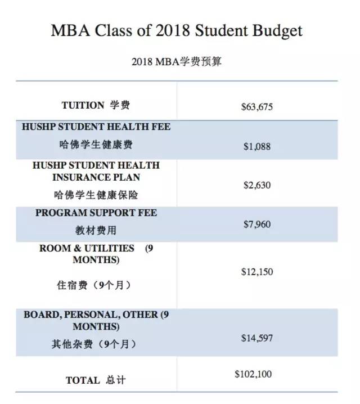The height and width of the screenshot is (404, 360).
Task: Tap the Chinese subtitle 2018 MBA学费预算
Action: click(x=177, y=61)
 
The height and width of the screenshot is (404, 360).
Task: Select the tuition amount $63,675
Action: click(x=256, y=106)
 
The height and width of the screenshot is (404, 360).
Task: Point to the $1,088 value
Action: click(x=257, y=146)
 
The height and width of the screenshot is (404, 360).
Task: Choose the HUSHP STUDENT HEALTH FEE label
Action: click(x=96, y=127)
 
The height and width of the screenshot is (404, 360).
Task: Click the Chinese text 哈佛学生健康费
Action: click(x=96, y=145)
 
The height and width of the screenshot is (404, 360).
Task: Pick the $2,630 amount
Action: click(x=257, y=185)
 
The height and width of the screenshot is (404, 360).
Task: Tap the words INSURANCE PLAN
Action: click(x=96, y=177)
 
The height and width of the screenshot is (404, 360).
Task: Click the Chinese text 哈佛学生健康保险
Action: click(x=96, y=195)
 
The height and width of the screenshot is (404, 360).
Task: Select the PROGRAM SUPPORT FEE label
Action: click(x=96, y=213)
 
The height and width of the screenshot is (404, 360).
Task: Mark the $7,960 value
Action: click(x=257, y=225)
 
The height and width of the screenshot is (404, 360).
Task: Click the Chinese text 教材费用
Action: click(x=96, y=231)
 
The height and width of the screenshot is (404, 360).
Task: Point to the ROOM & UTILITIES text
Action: click(x=87, y=248)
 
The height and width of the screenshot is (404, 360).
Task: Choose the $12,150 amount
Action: click(x=257, y=272)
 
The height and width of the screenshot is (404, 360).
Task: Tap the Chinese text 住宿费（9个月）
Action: click(x=96, y=285)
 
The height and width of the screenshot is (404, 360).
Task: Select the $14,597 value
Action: click(x=257, y=338)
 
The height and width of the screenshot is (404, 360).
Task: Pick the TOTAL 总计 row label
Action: click(x=96, y=380)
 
